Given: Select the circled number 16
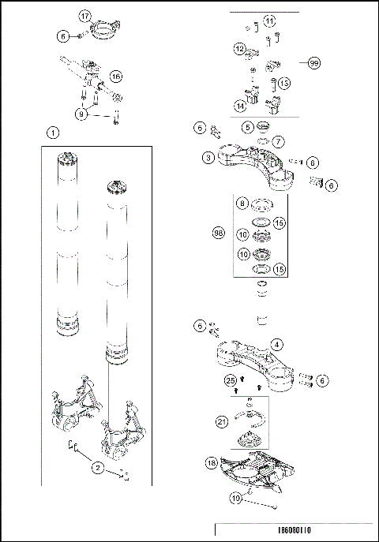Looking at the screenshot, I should tap(116, 77).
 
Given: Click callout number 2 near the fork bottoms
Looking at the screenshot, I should tap(98, 468).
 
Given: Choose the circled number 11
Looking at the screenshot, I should tap(270, 21).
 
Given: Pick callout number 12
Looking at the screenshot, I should tap(239, 48).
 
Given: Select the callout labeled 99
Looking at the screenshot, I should tap(314, 62).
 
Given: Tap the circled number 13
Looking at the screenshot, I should tap(284, 83).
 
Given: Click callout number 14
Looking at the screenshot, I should tap(239, 104).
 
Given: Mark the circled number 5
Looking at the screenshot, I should tap(248, 126).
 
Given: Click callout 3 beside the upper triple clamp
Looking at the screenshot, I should tap(208, 158).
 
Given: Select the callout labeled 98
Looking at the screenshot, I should tap(220, 233).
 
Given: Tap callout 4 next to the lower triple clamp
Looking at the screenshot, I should tap(276, 344).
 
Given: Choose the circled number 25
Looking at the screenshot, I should tap(230, 381).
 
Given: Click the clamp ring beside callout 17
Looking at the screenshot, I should tap(104, 32).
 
